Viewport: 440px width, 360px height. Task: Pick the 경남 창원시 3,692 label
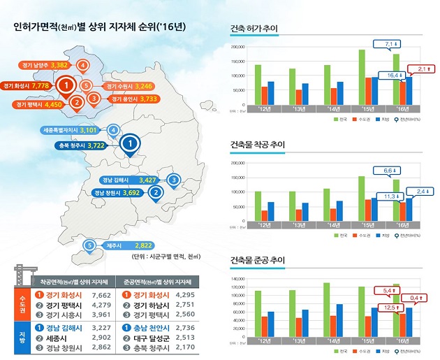click(x=118, y=192)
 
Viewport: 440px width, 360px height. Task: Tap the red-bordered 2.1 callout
click(x=421, y=68)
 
